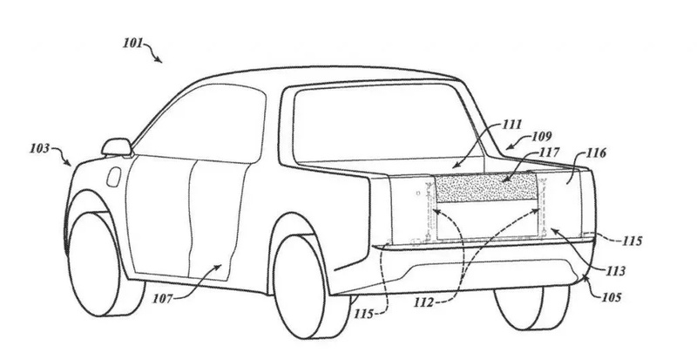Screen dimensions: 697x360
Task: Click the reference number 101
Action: click(133, 44)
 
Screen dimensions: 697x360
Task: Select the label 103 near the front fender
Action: click(40, 148)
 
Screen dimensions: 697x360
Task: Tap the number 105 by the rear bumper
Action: click(612, 297)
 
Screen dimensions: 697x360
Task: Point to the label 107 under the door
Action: click(162, 299)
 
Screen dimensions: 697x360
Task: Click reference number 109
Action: click(541, 136)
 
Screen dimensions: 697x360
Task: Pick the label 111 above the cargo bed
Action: click(511, 124)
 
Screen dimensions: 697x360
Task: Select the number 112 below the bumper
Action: click(423, 303)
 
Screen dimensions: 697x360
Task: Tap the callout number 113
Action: click(615, 270)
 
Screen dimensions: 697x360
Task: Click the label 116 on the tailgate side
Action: click(596, 153)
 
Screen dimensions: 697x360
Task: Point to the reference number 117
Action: click(550, 153)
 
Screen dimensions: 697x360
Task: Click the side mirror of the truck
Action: click(117, 147)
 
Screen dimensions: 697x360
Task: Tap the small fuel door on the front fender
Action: click(114, 177)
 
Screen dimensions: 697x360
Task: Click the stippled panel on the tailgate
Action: click(486, 187)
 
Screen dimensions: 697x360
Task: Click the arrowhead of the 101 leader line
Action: click(159, 60)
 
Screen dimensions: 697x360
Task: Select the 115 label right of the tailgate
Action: click(633, 241)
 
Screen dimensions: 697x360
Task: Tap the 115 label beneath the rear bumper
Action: click(363, 314)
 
